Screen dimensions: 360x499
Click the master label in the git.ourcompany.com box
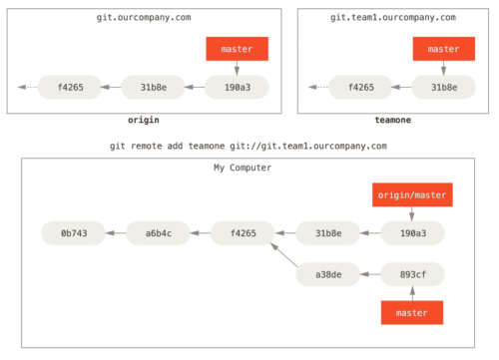click(238, 49)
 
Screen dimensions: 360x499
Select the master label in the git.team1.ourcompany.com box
click(443, 49)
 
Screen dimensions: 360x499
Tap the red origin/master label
click(412, 194)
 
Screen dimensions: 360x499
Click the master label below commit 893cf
click(411, 312)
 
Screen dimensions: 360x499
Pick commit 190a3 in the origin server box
click(237, 88)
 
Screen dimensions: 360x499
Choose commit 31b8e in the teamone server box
click(443, 88)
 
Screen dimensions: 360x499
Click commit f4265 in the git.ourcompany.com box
click(69, 88)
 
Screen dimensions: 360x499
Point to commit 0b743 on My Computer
click(73, 233)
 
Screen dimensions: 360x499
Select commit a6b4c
click(158, 233)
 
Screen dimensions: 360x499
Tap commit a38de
click(327, 274)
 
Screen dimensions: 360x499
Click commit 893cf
click(412, 274)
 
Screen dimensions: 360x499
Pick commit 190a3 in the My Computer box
click(412, 233)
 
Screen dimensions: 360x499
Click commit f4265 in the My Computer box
click(243, 233)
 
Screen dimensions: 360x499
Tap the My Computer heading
click(243, 168)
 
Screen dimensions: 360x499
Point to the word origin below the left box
click(144, 120)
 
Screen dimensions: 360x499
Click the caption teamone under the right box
click(392, 120)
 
